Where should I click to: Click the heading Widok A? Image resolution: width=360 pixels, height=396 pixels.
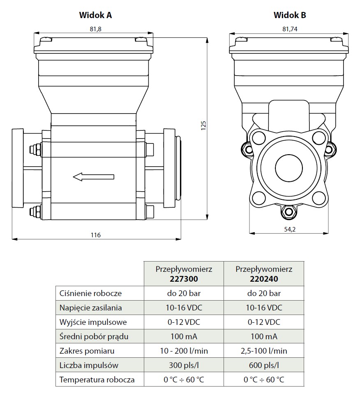(95, 15)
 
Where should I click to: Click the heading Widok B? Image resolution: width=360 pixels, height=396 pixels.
(290, 15)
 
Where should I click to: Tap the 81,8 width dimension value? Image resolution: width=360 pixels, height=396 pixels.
(95, 29)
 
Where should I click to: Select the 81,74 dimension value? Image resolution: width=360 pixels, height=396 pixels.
(290, 29)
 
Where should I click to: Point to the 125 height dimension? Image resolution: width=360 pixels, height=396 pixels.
(203, 125)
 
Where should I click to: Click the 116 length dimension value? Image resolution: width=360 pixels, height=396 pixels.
(96, 235)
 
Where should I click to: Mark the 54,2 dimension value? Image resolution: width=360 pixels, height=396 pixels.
(290, 229)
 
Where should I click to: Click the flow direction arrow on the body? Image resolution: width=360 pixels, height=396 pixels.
(93, 177)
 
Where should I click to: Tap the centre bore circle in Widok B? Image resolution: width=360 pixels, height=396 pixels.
(289, 167)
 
